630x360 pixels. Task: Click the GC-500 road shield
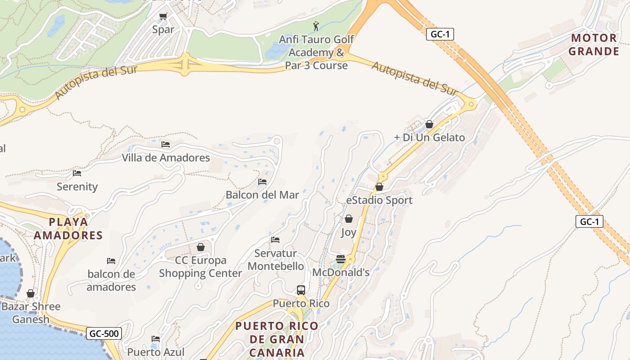(104, 333)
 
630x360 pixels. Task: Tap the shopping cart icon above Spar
(163, 17)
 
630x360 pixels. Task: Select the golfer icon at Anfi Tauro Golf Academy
(316, 26)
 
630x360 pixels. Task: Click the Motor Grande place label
(594, 45)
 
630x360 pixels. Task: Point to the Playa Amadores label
(68, 229)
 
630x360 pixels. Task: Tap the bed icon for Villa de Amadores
(166, 144)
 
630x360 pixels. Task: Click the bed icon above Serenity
(77, 173)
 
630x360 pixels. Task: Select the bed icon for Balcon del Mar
(262, 182)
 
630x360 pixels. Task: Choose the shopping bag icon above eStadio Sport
(379, 187)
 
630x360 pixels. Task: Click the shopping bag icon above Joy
(348, 219)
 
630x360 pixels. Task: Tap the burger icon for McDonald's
(341, 259)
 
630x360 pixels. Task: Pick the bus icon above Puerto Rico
(301, 290)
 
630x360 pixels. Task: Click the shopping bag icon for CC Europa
(201, 247)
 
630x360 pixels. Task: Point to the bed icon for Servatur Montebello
(275, 240)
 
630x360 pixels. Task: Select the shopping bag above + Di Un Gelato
(429, 124)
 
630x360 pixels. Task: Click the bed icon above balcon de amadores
(111, 261)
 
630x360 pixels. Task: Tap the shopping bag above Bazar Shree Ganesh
(31, 293)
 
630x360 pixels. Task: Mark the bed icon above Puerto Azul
(156, 339)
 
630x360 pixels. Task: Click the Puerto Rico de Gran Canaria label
(277, 339)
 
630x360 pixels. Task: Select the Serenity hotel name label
(77, 186)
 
